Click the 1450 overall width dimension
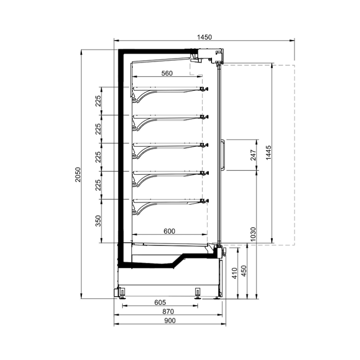click(x=204, y=36)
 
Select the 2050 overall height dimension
click(x=77, y=174)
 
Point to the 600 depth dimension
click(x=169, y=231)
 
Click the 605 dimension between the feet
click(x=160, y=302)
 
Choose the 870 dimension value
click(x=168, y=311)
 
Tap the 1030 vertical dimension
click(x=253, y=234)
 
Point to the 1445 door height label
click(x=269, y=153)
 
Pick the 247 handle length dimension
click(x=253, y=155)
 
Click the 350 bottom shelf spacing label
click(x=99, y=221)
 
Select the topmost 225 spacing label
click(x=99, y=101)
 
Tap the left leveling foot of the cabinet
click(x=121, y=293)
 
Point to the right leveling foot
click(x=197, y=293)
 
